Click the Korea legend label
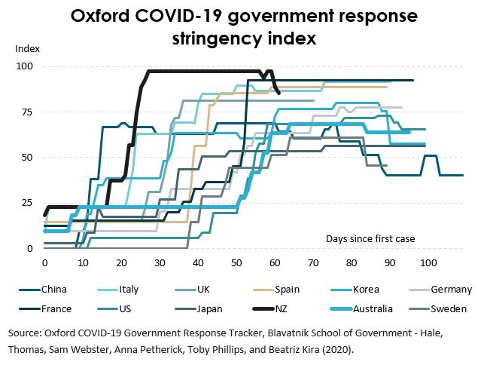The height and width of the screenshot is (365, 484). coord(366,289)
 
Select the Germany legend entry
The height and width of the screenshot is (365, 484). coord(451,289)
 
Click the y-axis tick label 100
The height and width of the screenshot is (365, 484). coord(25,66)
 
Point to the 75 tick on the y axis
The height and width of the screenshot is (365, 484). coord(27,112)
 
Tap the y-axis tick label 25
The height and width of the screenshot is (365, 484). coord(27,203)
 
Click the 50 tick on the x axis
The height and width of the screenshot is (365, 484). coord(236,263)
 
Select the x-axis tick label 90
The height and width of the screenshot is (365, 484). coord(390,263)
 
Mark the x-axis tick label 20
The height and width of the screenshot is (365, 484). coord(121,263)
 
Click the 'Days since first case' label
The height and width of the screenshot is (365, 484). coord(370,238)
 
